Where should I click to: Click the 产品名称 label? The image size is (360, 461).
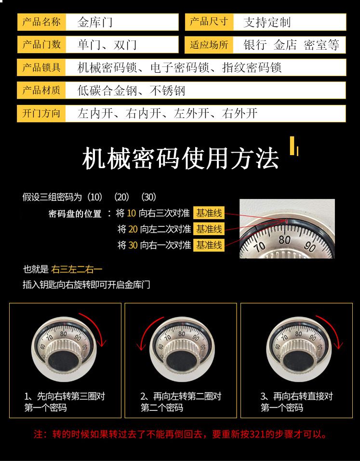[x=41, y=22]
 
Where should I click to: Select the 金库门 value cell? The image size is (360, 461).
[x=122, y=22]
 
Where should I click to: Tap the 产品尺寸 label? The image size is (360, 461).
[x=209, y=22]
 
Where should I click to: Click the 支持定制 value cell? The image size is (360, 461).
[x=290, y=22]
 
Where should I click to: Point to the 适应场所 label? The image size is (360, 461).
[x=209, y=45]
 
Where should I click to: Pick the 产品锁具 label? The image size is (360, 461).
[x=41, y=67]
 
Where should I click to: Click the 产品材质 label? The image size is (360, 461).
[x=41, y=90]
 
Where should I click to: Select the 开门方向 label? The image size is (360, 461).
[x=41, y=113]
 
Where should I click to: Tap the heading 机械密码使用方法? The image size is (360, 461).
[x=180, y=159]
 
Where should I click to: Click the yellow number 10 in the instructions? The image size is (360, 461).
[x=131, y=213]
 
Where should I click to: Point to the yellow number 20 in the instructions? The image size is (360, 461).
[x=133, y=229]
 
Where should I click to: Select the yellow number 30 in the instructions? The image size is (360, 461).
[x=133, y=245]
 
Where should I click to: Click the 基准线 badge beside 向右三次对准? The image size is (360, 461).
[x=209, y=213]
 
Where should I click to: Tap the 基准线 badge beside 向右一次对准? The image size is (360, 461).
[x=209, y=245]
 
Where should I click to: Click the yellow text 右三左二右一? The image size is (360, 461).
[x=77, y=269]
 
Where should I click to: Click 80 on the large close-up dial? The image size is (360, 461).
[x=285, y=240]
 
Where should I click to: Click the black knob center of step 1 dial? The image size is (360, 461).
[x=63, y=361]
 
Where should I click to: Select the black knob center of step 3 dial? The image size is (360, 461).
[x=298, y=361]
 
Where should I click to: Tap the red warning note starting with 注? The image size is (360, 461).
[x=180, y=434]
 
